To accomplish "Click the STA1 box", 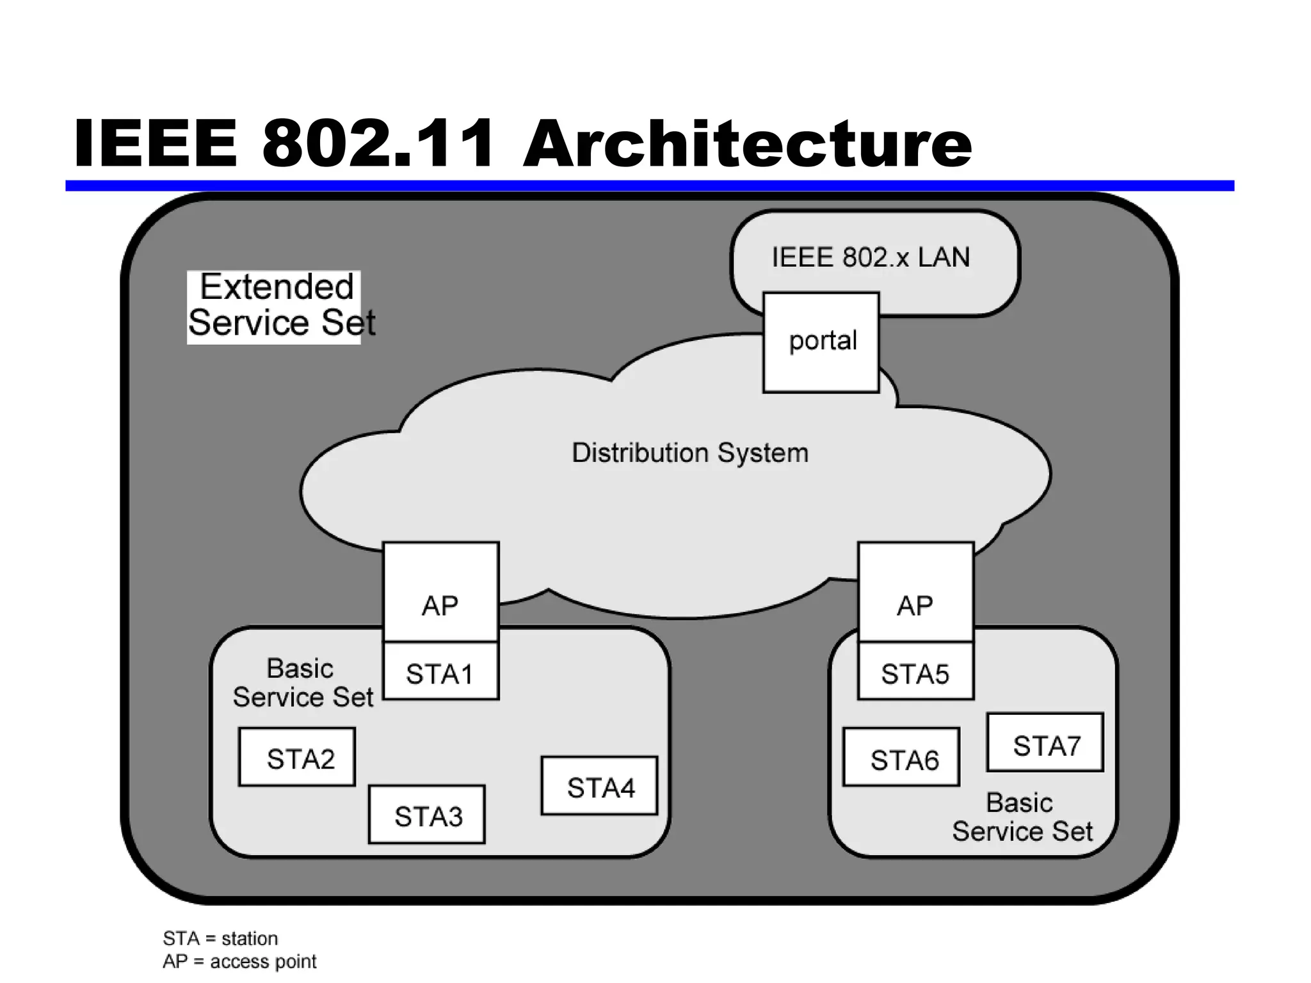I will pos(440,671).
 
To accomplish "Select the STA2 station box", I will pos(297,757).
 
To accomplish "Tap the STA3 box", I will pos(427,815).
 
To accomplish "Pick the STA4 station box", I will pos(600,786).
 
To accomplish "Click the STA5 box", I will pos(915,671).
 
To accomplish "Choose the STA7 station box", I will pos(1045,743).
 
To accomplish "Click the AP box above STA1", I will pos(440,593).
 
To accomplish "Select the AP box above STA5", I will pos(915,593).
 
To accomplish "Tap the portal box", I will pos(821,342).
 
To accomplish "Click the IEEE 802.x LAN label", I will pos(871,258).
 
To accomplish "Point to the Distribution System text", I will pos(689,453).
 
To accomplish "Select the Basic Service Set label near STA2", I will pos(302,683).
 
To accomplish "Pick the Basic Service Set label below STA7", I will pos(1022,817).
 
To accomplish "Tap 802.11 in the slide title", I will pos(378,144).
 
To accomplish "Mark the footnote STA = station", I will pos(220,938).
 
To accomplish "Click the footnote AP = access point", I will pos(239,961).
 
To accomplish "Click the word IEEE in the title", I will pos(156,144).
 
